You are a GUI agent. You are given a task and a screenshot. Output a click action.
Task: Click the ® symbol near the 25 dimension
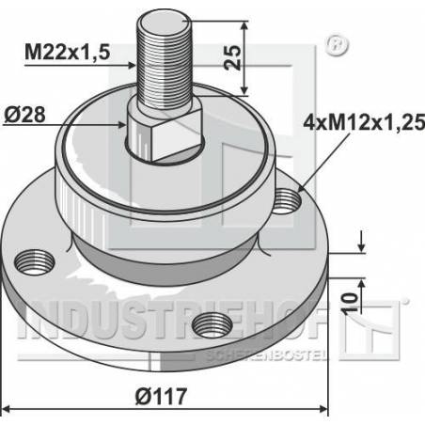click(330, 44)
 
